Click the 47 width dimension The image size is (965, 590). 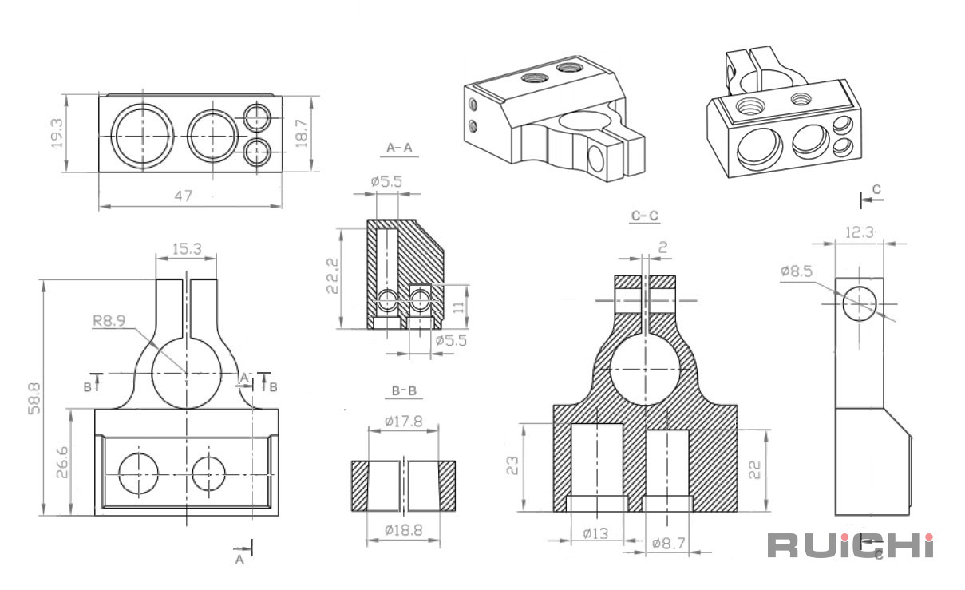tap(183, 196)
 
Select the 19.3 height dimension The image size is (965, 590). tap(57, 133)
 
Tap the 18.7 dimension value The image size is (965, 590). tap(302, 133)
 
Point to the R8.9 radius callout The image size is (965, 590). tap(109, 320)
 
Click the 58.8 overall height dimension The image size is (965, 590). tap(34, 398)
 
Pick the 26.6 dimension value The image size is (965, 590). tap(62, 462)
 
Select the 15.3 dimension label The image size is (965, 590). tap(187, 248)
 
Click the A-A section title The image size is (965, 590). tap(399, 148)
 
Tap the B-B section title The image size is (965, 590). tap(404, 391)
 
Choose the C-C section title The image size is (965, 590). tap(645, 215)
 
